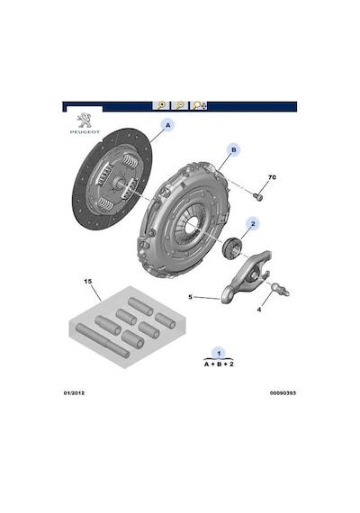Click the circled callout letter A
168,125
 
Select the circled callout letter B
234,149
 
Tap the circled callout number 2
253,224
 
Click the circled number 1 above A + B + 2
219,354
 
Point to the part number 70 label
272,177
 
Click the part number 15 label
87,282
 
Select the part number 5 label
190,297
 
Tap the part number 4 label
259,310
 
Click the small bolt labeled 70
258,196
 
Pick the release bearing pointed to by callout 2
232,247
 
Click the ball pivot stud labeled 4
281,289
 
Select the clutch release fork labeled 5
246,278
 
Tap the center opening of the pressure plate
192,224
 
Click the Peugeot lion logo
85,121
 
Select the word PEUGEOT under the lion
85,131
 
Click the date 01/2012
74,393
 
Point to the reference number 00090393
283,393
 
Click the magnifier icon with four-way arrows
199,105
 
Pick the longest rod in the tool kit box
103,340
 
